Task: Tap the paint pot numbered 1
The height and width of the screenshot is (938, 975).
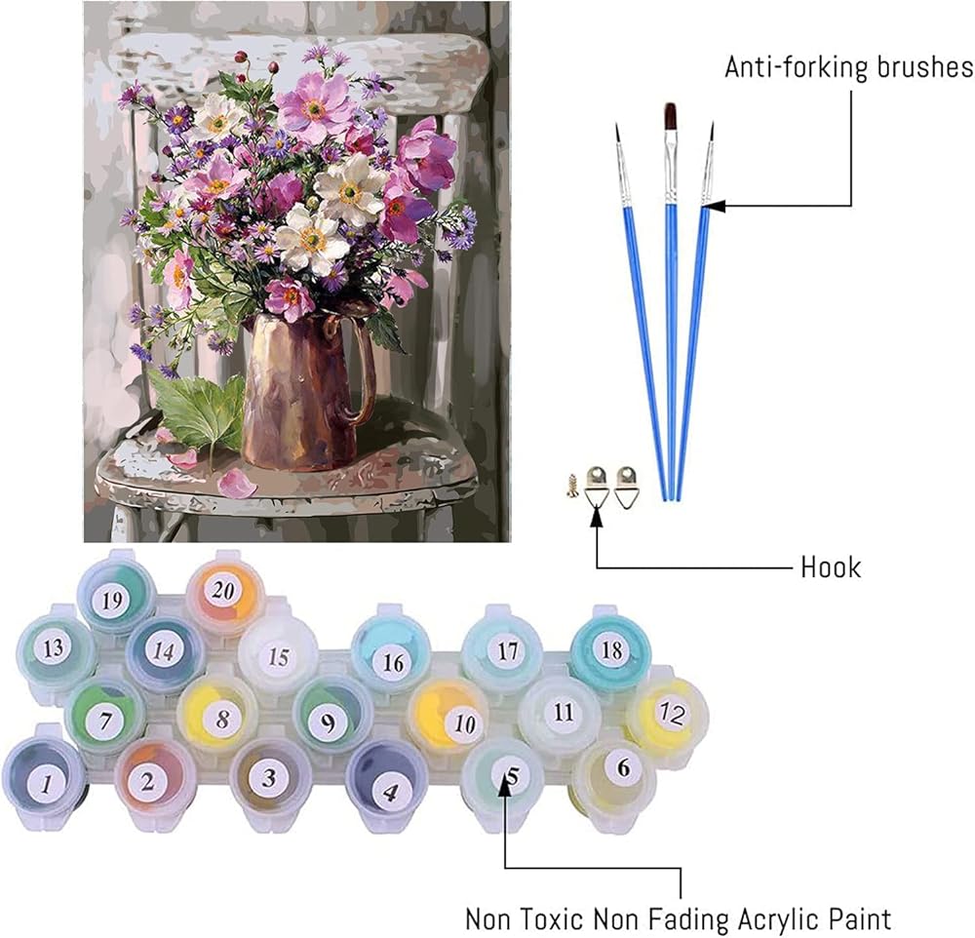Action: click(44, 778)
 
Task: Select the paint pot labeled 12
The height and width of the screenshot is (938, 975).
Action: click(668, 714)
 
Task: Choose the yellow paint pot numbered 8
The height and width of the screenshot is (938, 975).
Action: click(222, 719)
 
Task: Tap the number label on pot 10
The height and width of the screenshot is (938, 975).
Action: click(464, 723)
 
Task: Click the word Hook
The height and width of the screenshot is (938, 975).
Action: click(831, 567)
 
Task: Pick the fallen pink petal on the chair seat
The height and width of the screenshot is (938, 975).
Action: click(237, 483)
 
